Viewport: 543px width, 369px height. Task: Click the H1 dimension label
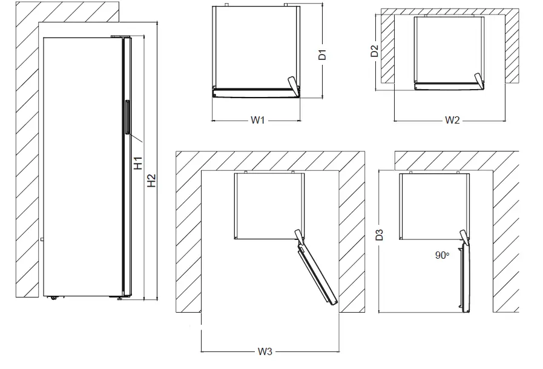(138, 163)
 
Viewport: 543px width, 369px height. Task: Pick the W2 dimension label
(452, 120)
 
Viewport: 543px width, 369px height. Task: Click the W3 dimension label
(265, 351)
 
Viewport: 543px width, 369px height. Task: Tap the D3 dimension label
(380, 234)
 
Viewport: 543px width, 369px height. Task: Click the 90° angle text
(441, 256)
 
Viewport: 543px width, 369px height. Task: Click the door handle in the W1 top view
(294, 84)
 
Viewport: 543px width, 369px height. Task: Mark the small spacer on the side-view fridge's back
(42, 240)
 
